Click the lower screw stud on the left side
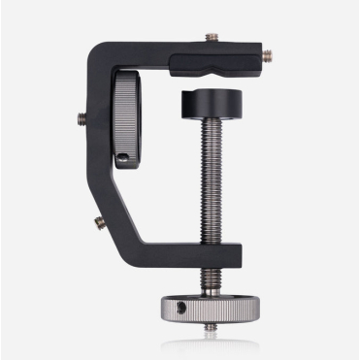coord(99,222)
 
